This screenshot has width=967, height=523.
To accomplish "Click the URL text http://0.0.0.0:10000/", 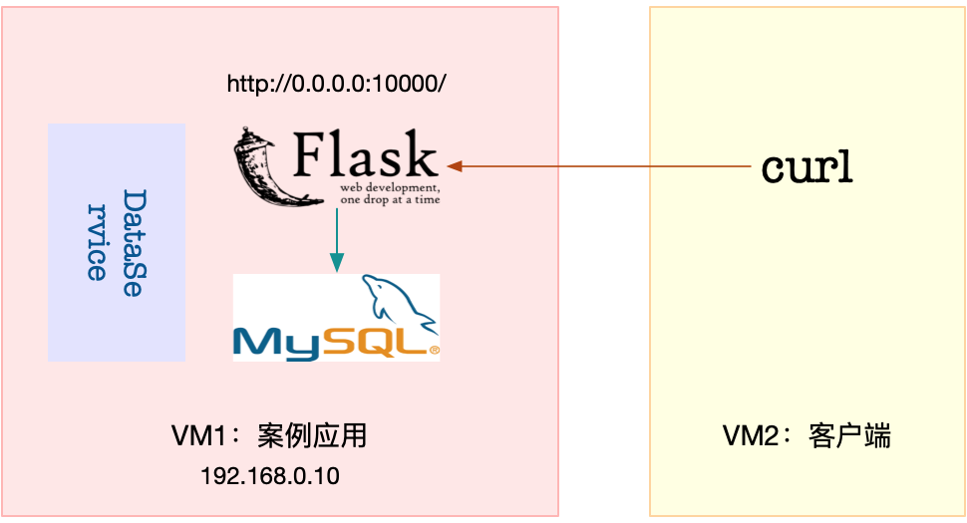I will pyautogui.click(x=336, y=85).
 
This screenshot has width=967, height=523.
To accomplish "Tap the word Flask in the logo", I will pyautogui.click(x=366, y=157).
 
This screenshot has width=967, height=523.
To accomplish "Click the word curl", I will pyautogui.click(x=806, y=167).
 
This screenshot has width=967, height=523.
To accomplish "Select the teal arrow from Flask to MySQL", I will pyautogui.click(x=336, y=239).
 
